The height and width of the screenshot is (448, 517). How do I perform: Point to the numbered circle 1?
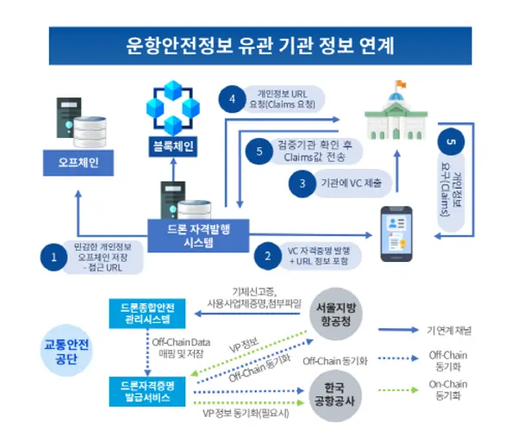pyautogui.click(x=53, y=256)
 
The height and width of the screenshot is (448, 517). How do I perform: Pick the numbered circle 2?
pyautogui.click(x=268, y=256)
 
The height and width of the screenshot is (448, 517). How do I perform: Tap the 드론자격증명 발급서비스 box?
pyautogui.click(x=147, y=392)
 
